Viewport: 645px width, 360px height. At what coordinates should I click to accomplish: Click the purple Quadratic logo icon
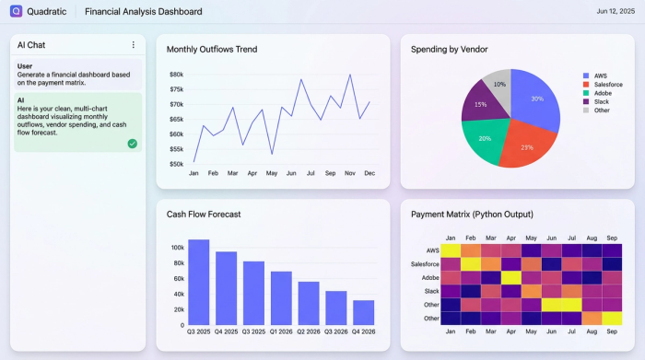tap(16, 12)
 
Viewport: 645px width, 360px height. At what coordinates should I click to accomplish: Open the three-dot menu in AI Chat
tap(133, 44)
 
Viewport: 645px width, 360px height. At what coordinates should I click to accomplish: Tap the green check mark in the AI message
tap(133, 144)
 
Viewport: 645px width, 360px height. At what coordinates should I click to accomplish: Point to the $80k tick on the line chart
tap(176, 75)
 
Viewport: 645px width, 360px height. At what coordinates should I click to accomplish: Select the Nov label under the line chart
tap(350, 173)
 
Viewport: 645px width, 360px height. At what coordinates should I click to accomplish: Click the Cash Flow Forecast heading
tap(204, 214)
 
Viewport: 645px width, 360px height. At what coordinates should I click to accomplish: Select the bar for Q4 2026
tap(364, 312)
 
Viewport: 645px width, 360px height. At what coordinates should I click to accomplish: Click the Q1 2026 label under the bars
tap(281, 331)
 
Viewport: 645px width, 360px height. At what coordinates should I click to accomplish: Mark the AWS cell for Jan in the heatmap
tap(451, 250)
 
